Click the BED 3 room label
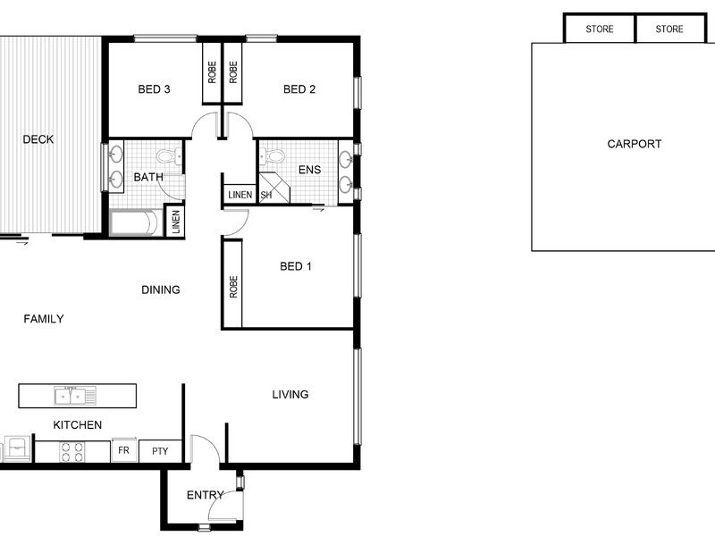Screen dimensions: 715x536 point(154,88)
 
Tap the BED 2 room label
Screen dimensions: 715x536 point(299,88)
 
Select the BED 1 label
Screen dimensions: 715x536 point(296,266)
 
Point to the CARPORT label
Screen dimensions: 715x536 point(634,144)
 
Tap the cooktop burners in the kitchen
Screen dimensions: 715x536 point(72,452)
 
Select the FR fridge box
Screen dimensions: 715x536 point(124,450)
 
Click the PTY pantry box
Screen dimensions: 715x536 point(160,451)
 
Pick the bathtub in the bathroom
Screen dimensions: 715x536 point(137,222)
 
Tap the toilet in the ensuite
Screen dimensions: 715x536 point(272,155)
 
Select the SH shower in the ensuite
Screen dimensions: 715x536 point(274,188)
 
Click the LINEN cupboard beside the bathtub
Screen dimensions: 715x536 point(175,222)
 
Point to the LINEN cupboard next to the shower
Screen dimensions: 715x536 point(239,194)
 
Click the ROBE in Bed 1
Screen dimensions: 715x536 point(232,285)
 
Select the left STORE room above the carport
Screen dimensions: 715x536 point(599,29)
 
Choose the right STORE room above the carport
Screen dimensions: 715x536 point(669,29)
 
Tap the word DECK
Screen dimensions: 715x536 point(38,139)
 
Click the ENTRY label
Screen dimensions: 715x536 point(206,495)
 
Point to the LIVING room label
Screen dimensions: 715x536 point(290,394)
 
